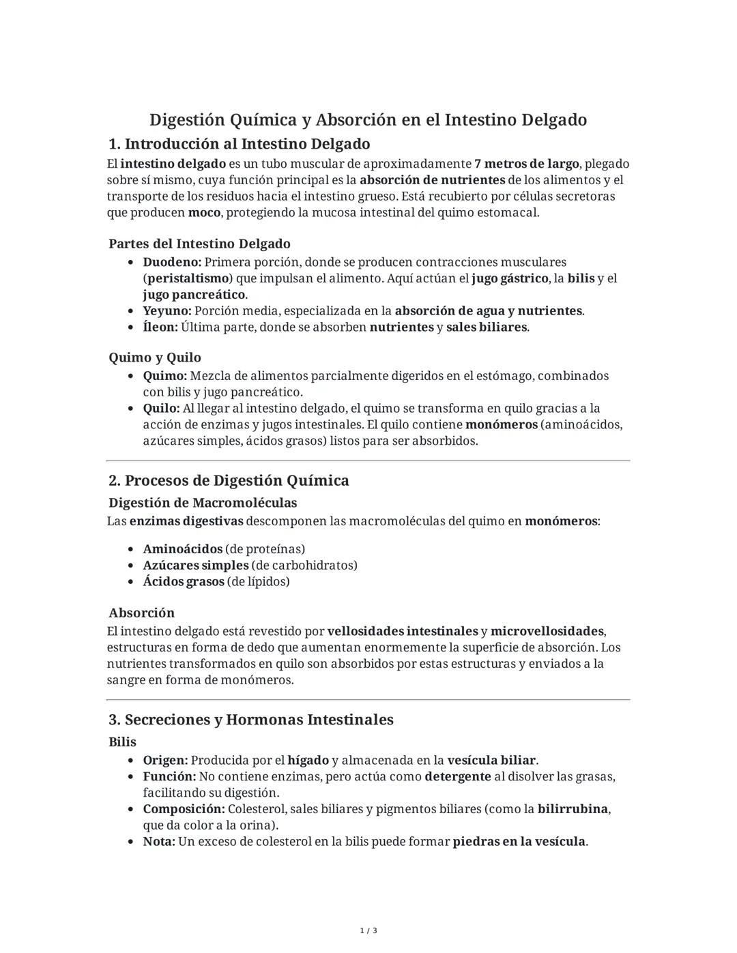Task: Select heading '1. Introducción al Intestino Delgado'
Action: coord(239,144)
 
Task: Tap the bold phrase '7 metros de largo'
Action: coord(527,164)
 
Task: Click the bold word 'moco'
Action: coord(204,212)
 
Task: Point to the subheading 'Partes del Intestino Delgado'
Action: coord(199,244)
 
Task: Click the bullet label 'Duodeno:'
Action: coord(172,262)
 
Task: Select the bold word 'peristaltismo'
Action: coord(188,278)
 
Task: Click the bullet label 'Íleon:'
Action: coord(160,327)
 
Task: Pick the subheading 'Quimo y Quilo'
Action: coord(155,357)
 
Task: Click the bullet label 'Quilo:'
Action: coord(161,408)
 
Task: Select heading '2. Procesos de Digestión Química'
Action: coord(229,480)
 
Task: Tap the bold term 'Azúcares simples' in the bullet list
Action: coord(196,566)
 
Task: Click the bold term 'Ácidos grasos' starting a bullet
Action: coord(184,582)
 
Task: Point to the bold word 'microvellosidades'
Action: coord(547,631)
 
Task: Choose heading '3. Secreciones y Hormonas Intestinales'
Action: coord(251,720)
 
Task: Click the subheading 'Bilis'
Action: coord(122,742)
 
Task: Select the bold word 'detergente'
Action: coord(458,776)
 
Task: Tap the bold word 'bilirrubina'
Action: coord(573,809)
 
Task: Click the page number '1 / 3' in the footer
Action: coord(369,930)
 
